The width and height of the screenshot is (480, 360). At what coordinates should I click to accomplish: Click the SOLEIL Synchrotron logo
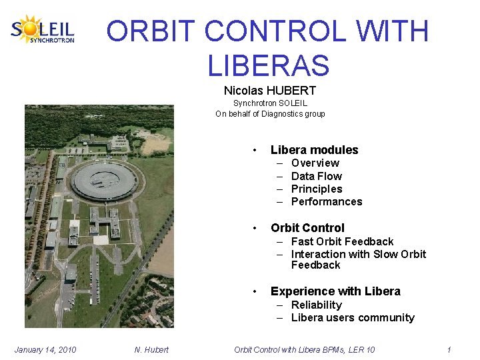43,29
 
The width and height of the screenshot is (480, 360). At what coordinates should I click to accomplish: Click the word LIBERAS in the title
268,65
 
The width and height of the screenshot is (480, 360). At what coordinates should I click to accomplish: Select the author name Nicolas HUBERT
269,90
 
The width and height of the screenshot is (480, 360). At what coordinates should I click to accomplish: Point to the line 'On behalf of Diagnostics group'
270,114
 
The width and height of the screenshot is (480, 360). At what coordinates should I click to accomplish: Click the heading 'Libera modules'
314,150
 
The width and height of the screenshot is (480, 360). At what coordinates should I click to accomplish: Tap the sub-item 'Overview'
315,163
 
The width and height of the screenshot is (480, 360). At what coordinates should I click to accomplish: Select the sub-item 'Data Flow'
316,176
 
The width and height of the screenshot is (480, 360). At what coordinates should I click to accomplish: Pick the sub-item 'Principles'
316,189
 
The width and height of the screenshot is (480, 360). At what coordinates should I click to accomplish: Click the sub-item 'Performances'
327,201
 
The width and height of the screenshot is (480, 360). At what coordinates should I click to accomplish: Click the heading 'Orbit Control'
307,228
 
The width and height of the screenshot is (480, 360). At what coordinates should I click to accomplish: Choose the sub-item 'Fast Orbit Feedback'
342,241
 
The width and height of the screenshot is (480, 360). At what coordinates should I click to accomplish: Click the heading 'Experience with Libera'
335,291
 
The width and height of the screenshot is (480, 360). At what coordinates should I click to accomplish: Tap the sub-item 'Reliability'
316,305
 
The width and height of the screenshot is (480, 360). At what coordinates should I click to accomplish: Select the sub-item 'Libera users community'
353,317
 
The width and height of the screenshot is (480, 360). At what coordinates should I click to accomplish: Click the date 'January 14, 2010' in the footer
45,349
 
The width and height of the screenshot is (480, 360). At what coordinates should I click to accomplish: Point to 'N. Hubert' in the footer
151,349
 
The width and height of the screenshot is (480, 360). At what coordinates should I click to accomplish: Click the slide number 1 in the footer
449,349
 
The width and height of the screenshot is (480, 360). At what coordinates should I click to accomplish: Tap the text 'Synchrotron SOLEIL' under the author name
270,103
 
